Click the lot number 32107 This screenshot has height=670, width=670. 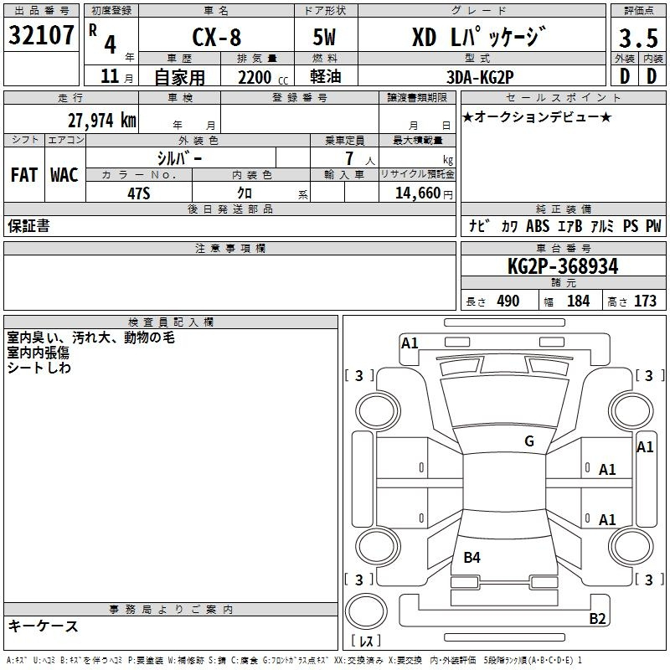click(42, 36)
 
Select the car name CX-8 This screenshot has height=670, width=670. click(215, 39)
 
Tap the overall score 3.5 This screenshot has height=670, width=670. click(637, 39)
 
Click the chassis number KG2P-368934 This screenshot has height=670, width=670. click(563, 266)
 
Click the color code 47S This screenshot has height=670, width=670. click(138, 192)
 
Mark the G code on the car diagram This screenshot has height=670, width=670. click(528, 441)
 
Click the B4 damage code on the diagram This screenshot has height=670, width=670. click(472, 557)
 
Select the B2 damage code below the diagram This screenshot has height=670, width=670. click(597, 619)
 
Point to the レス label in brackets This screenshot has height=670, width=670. click(369, 642)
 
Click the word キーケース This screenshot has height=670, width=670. click(44, 626)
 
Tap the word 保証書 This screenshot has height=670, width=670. click(28, 225)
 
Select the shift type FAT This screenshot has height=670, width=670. click(23, 174)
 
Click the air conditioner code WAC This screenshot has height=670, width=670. click(64, 174)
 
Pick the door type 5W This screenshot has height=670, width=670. click(326, 39)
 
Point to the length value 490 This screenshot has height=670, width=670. click(508, 301)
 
